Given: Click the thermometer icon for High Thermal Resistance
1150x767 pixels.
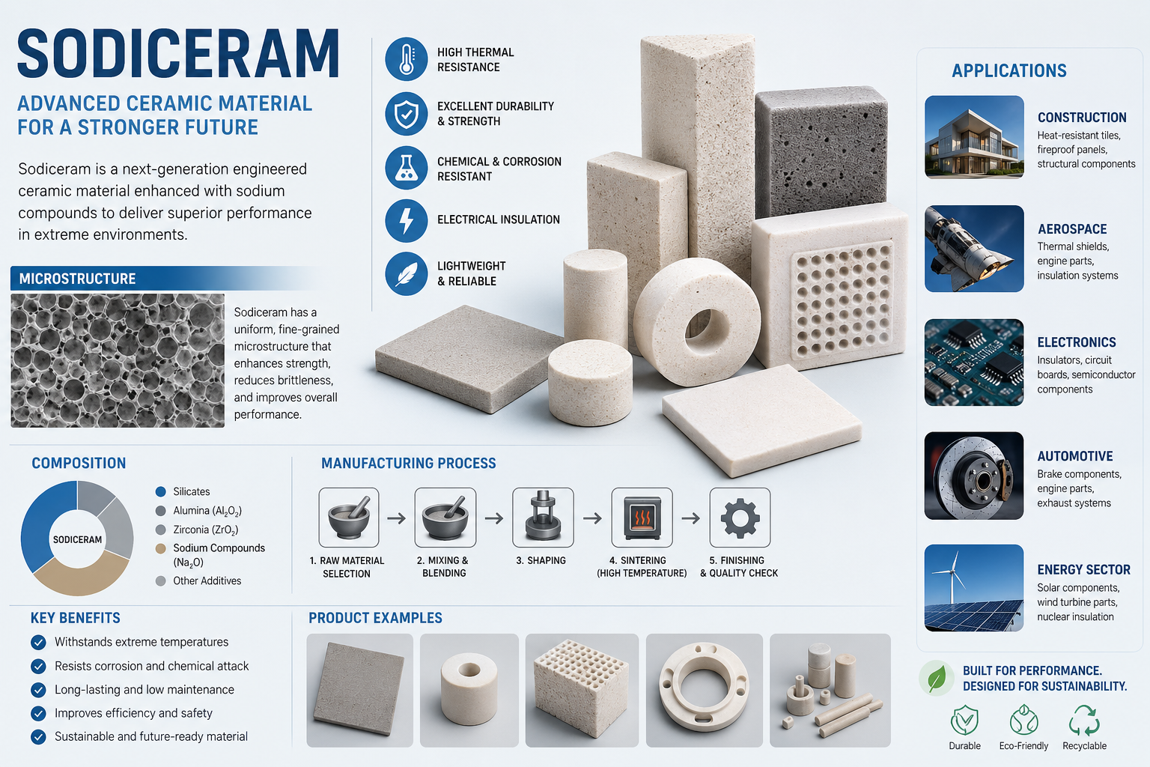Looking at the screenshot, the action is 406,59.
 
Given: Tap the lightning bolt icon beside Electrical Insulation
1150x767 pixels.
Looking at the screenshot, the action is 406,221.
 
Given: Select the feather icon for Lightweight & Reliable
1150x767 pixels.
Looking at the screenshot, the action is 406,274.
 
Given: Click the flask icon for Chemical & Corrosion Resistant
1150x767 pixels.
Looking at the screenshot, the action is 406,168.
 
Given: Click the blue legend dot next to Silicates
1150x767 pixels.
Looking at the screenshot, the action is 161,491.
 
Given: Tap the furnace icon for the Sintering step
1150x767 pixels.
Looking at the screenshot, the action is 642,518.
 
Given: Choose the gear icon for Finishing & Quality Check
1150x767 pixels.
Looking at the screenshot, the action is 740,518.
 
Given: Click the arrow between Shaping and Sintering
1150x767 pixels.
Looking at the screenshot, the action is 592,518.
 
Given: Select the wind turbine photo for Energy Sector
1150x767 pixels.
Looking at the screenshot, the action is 974,588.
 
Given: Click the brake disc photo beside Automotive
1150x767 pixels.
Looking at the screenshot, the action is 974,476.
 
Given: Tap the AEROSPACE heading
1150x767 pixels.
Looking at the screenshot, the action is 1072,229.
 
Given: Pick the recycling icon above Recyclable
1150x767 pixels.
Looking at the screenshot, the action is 1084,721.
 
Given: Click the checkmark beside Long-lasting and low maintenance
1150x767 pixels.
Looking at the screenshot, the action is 38,689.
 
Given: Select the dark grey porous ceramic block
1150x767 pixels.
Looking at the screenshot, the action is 821,151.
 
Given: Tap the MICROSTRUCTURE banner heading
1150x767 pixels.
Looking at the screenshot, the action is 78,279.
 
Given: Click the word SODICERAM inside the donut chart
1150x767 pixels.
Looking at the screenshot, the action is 78,539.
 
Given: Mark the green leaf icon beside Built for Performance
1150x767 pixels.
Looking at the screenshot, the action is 937,678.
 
